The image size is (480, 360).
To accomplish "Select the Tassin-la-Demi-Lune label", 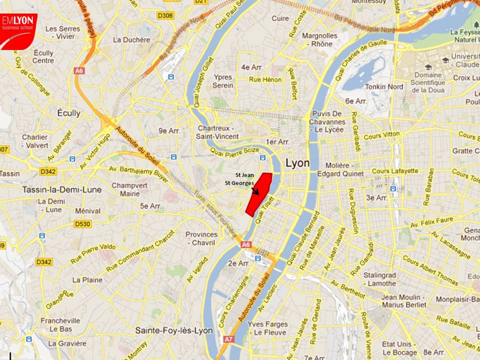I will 62,189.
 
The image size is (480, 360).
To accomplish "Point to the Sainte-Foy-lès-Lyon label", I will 174,330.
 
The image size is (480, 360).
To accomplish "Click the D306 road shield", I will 166,16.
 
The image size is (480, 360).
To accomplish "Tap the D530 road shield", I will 83,224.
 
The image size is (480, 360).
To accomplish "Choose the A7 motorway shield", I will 228,339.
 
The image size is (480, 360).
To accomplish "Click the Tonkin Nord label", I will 384,86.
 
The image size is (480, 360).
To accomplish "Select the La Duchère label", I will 131,40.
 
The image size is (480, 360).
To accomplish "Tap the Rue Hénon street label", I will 265,79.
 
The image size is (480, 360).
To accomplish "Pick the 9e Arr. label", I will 169,130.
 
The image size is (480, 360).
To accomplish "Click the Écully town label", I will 68,113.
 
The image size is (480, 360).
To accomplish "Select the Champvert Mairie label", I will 126,189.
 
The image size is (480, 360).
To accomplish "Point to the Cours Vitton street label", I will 382,134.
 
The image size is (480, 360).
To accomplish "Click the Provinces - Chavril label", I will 201,238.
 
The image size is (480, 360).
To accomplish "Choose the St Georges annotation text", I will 239,183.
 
